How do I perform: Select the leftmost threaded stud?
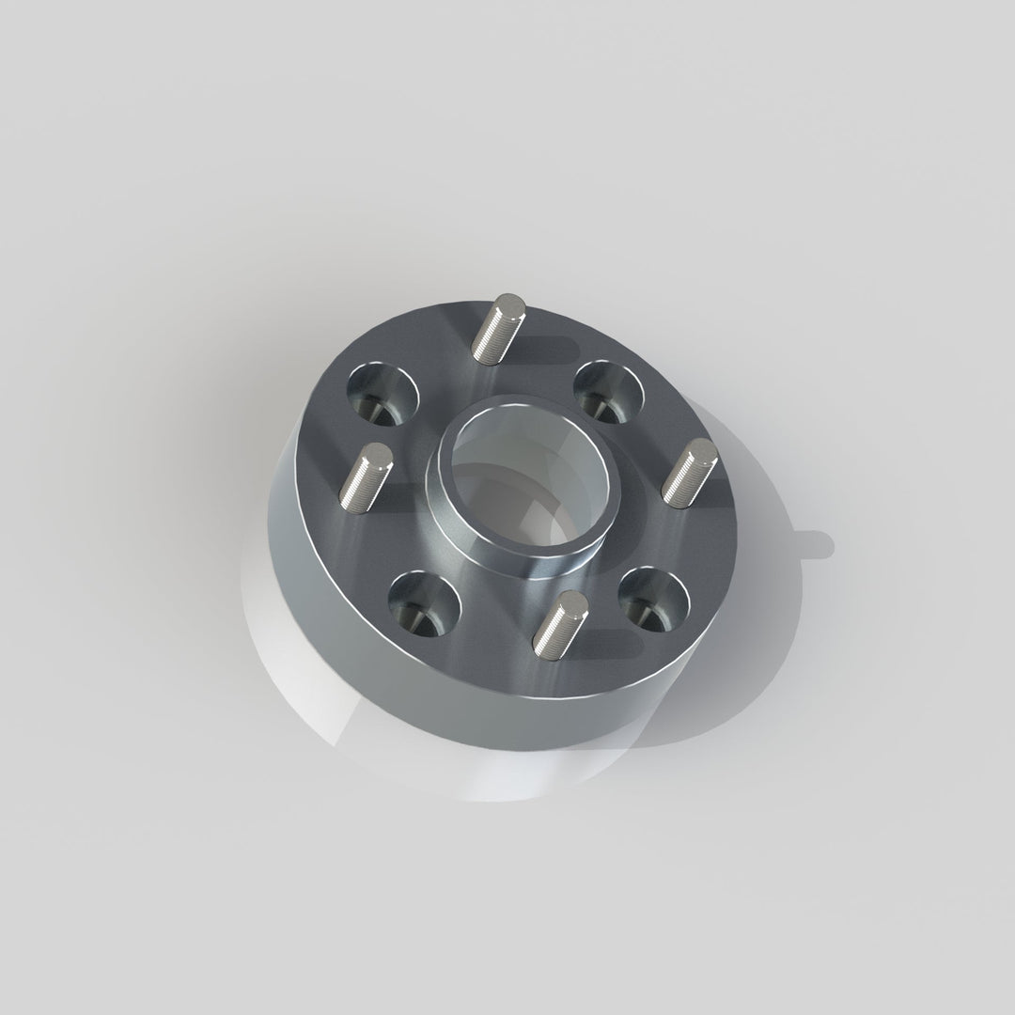[x=365, y=476]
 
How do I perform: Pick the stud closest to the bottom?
[x=558, y=622]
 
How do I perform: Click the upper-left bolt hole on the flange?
[x=383, y=394]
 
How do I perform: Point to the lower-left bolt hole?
[x=424, y=605]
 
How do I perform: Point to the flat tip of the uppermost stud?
[x=512, y=304]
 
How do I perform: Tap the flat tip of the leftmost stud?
[x=379, y=453]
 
